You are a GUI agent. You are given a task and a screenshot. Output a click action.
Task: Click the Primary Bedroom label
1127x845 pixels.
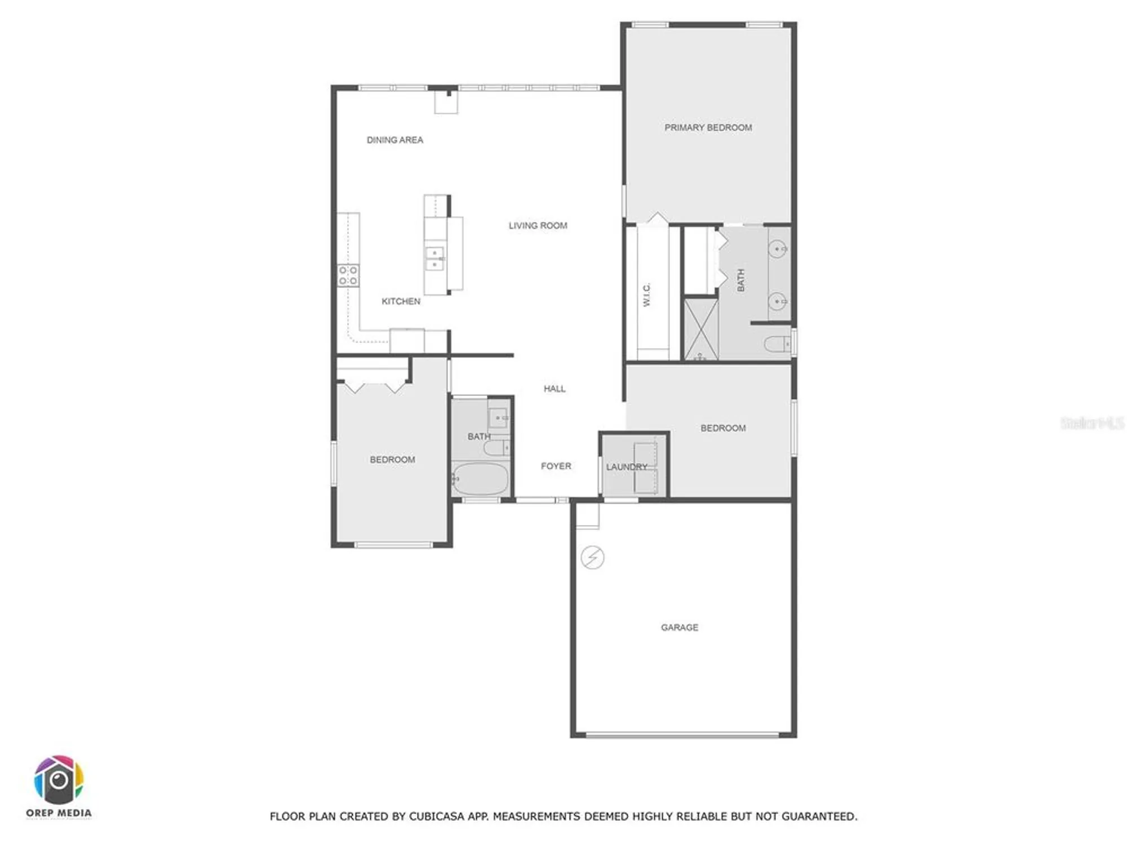click(708, 128)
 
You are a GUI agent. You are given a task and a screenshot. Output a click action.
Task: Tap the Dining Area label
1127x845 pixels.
click(394, 140)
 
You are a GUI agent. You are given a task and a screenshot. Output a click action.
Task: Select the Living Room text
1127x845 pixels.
click(538, 226)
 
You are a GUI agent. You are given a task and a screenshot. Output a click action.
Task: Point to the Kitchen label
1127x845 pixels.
click(401, 301)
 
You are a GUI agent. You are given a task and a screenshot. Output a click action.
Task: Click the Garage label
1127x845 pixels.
click(679, 628)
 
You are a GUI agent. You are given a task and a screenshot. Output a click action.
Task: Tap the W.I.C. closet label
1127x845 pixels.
click(647, 295)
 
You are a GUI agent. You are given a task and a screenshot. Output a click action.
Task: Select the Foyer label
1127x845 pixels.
click(556, 466)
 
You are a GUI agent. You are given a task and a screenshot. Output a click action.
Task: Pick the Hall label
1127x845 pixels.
click(554, 389)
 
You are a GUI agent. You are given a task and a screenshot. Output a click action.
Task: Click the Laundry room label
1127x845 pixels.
click(626, 467)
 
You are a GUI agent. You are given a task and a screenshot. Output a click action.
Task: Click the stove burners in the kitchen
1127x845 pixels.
click(348, 275)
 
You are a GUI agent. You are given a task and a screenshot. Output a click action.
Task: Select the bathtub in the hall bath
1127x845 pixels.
click(480, 479)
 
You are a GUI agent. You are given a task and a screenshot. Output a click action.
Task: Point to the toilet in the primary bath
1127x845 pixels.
click(777, 343)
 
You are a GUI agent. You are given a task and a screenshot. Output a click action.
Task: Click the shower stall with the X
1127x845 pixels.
click(700, 330)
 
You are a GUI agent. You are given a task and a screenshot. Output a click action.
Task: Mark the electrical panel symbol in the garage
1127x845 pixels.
click(592, 558)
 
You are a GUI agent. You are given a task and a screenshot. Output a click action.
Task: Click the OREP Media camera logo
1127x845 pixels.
click(59, 780)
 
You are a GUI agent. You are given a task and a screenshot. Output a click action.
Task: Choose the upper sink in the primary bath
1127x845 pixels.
click(778, 248)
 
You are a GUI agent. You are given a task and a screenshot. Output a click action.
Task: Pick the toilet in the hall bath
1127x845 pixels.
click(496, 448)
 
